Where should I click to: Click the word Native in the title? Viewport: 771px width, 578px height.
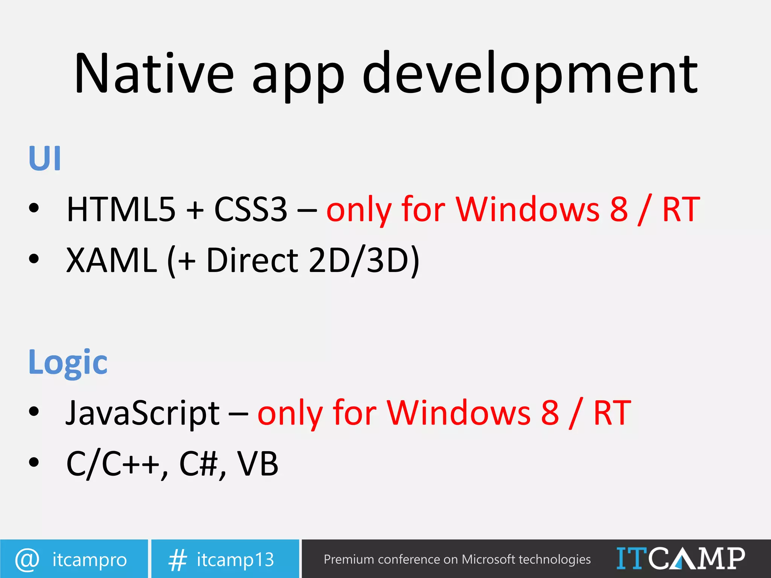pyautogui.click(x=154, y=73)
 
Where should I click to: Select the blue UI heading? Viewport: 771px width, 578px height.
pyautogui.click(x=45, y=158)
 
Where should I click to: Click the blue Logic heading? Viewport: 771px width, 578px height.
pyautogui.click(x=68, y=362)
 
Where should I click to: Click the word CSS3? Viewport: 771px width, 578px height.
pyautogui.click(x=251, y=209)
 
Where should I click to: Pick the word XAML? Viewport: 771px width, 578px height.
pyautogui.click(x=111, y=260)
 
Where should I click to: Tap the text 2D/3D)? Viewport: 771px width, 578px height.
pyautogui.click(x=364, y=260)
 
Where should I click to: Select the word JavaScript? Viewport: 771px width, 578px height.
pyautogui.click(x=143, y=413)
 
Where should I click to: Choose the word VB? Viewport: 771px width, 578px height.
pyautogui.click(x=258, y=464)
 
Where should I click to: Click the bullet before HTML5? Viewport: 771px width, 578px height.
pyautogui.click(x=34, y=208)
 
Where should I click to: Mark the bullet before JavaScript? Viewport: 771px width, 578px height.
pyautogui.click(x=34, y=412)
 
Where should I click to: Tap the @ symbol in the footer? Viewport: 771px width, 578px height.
pyautogui.click(x=27, y=559)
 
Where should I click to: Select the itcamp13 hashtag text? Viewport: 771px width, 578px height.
pyautogui.click(x=235, y=560)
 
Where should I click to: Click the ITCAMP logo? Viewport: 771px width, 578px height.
pyautogui.click(x=681, y=558)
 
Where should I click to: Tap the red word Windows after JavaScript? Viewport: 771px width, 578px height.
pyautogui.click(x=459, y=413)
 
